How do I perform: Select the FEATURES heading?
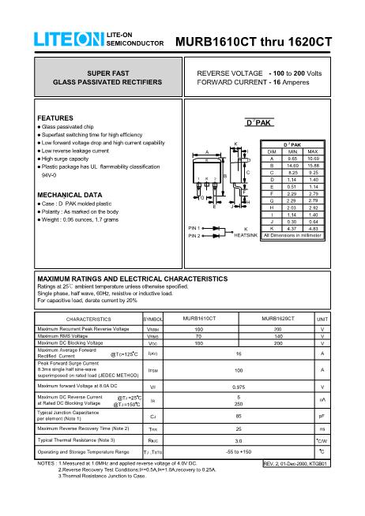[x=55, y=118]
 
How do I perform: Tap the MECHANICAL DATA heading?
[x=70, y=194]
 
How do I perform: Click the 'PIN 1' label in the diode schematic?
[x=195, y=227]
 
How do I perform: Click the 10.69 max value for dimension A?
[x=312, y=158]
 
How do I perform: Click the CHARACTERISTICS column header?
[x=88, y=318]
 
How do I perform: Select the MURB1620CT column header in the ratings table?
[x=277, y=318]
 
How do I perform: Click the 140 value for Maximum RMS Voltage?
[x=277, y=336]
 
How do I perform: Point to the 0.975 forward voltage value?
[x=238, y=387]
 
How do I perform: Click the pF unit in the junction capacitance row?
[x=322, y=415]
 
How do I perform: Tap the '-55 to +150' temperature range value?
[x=238, y=451]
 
